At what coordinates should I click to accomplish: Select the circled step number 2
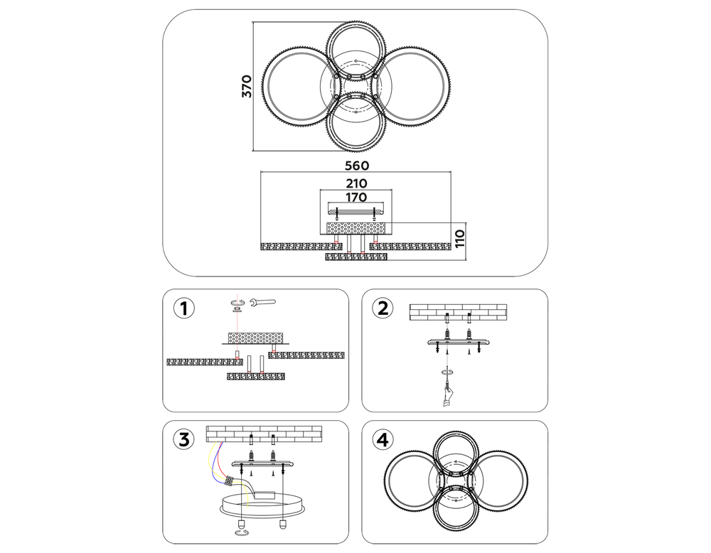[x=383, y=308]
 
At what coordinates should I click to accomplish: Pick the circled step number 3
[x=183, y=439]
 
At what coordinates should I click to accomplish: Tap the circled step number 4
[x=383, y=439]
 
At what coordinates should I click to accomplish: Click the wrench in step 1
[x=262, y=304]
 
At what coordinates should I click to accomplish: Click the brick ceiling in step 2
[x=458, y=311]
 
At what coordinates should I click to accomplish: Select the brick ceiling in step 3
[x=263, y=433]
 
